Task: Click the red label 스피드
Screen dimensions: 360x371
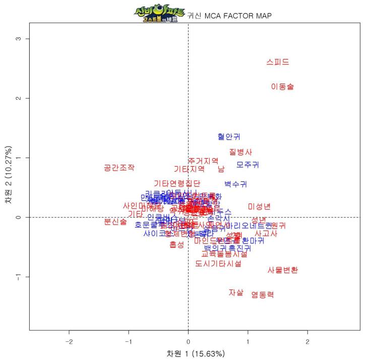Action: point(278,62)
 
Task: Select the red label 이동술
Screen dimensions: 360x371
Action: point(282,87)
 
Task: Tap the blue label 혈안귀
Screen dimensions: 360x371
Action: point(229,136)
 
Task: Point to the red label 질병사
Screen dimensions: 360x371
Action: point(240,152)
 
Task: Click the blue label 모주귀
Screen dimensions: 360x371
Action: point(248,165)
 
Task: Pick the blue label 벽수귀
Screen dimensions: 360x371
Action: point(235,184)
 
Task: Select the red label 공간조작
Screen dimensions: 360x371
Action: point(119,168)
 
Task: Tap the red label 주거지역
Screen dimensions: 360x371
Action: point(203,161)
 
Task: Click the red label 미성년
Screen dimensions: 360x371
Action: point(259,206)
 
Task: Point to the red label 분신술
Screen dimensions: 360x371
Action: point(115,222)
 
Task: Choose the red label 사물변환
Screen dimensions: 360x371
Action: point(282,270)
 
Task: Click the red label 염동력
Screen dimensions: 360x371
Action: point(263,295)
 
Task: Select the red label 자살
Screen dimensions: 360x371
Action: point(236,292)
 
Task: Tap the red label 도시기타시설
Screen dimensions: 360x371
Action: point(218,263)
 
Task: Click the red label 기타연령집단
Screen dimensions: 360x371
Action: point(177,183)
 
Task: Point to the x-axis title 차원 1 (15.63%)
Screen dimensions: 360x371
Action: point(196,353)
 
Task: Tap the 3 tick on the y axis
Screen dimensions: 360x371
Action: point(18,39)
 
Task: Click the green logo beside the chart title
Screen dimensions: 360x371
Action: point(159,15)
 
